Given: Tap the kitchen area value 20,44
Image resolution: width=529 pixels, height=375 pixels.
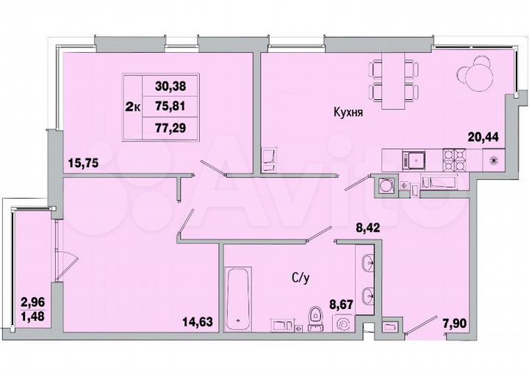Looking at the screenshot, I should [484, 135].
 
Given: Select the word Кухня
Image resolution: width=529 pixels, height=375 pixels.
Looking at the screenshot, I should [348, 114].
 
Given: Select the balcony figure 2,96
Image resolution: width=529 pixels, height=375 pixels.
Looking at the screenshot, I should [32, 302].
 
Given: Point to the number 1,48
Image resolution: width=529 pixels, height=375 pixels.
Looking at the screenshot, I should [32, 316].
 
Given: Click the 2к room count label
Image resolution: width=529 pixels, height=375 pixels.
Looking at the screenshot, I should [133, 106].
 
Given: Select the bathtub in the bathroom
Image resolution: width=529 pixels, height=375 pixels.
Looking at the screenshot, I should [239, 297].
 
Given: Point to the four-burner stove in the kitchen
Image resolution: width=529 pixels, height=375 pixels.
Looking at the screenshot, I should [454, 159].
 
